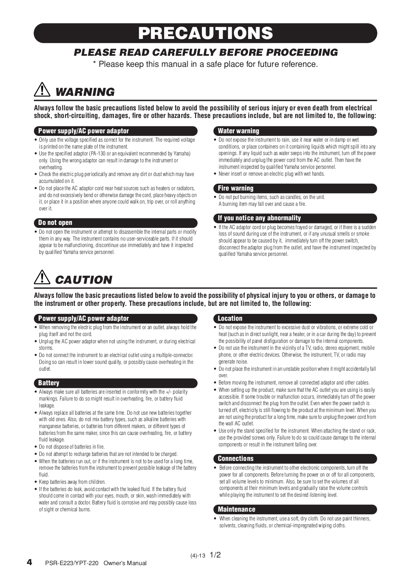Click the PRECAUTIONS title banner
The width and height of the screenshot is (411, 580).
pyautogui.click(x=205, y=33)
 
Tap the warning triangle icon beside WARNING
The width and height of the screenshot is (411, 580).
pyautogui.click(x=42, y=90)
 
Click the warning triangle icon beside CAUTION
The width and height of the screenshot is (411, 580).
pyautogui.click(x=42, y=278)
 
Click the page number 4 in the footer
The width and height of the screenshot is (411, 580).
pyautogui.click(x=29, y=562)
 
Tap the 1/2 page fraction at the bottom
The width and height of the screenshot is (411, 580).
pyautogui.click(x=215, y=555)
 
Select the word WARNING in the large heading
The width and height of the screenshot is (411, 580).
pyautogui.click(x=85, y=92)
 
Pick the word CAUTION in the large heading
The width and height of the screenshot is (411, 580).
pyautogui.click(x=84, y=280)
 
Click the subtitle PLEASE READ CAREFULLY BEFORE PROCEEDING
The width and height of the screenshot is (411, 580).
pyautogui.click(x=206, y=52)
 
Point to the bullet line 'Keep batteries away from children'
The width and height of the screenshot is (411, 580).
pyautogui.click(x=72, y=482)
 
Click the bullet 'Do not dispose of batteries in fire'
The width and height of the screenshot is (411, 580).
pyautogui.click(x=72, y=447)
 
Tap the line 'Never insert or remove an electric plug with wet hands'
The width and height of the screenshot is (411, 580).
pyautogui.click(x=271, y=174)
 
